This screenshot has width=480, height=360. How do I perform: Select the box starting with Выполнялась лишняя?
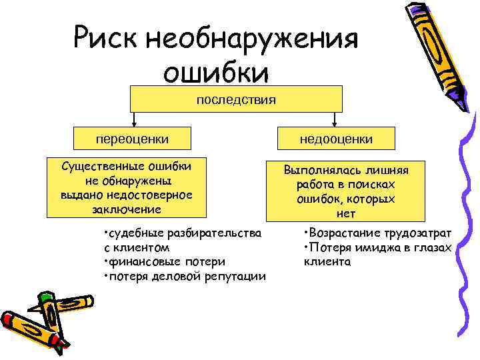tap(345, 191)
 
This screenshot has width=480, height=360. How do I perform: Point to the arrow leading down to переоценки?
tap(136, 119)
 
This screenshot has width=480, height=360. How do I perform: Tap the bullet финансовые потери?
tap(165, 261)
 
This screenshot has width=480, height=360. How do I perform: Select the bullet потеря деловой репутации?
tap(185, 276)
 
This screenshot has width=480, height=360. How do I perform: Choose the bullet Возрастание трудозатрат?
tap(377, 233)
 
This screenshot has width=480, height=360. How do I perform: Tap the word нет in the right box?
tap(346, 214)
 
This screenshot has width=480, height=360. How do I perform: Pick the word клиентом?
tap(137, 247)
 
